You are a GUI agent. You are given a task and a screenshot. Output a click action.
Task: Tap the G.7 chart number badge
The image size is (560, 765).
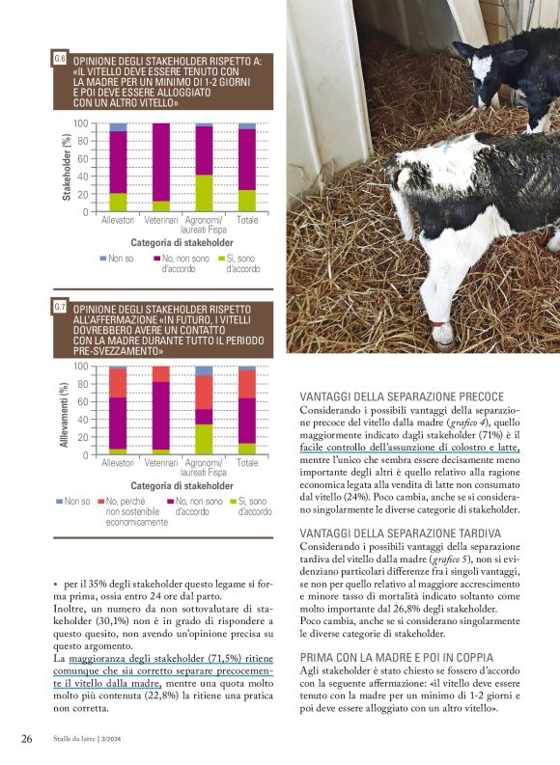[60, 307]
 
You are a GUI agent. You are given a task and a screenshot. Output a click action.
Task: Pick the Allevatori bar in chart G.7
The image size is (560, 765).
[118, 410]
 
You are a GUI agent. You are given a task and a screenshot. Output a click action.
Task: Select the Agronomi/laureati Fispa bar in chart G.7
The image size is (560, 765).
[204, 410]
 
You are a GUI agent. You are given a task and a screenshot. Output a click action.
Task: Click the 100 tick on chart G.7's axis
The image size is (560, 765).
[81, 367]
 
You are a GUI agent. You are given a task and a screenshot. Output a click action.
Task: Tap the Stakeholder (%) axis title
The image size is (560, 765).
[67, 168]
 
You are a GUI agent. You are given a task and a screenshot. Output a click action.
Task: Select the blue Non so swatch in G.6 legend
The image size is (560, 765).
[103, 259]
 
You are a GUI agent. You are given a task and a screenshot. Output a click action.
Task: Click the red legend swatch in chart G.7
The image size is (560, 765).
[99, 501]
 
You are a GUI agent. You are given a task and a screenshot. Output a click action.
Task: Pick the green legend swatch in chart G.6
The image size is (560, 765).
[219, 259]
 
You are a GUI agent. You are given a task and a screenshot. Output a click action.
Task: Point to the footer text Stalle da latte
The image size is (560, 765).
[79, 740]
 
